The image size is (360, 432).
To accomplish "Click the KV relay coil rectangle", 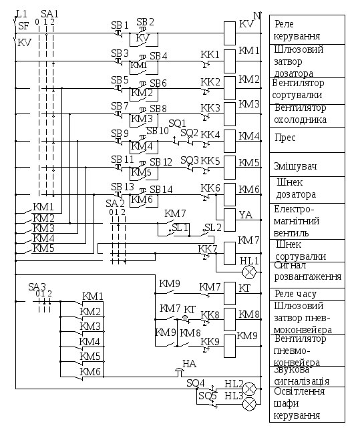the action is click(x=229, y=33).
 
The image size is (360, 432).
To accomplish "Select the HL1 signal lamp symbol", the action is click(x=249, y=272).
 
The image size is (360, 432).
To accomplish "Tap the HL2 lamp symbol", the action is click(x=249, y=389).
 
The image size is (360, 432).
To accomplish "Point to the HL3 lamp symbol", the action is click(x=249, y=404).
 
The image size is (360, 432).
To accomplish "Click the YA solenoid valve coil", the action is click(x=229, y=220).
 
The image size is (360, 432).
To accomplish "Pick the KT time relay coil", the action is click(x=229, y=293).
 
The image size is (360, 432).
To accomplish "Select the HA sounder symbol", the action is click(x=180, y=372).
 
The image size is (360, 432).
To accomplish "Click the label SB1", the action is click(x=120, y=25).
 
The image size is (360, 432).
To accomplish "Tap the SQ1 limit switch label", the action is click(x=177, y=123).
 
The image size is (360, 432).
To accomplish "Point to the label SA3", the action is click(x=37, y=287).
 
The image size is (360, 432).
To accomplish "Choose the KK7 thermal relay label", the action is click(x=208, y=249).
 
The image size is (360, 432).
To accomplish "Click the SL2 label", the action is click(x=213, y=228).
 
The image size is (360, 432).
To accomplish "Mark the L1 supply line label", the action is click(x=21, y=14).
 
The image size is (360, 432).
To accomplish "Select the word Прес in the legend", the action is click(x=285, y=138).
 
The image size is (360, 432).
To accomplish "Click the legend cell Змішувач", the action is click(x=307, y=165).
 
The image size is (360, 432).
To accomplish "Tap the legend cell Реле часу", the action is click(x=307, y=294).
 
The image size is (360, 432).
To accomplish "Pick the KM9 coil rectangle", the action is click(x=229, y=346).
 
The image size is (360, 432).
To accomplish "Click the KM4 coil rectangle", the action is click(x=229, y=141).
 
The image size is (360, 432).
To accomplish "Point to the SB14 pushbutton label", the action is click(x=161, y=189).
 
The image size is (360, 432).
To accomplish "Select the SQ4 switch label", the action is click(x=196, y=383).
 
